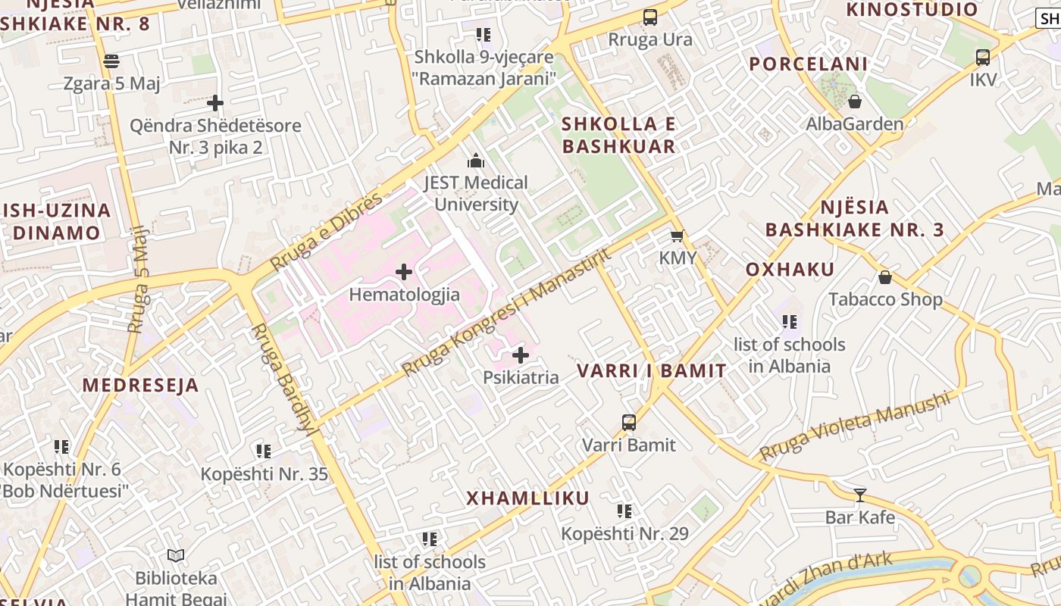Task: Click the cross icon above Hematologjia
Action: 404,271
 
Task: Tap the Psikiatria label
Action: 521,377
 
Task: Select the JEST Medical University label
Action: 476,193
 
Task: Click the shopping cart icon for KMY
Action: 677,236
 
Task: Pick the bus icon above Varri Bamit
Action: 629,423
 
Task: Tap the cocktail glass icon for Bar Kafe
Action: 860,495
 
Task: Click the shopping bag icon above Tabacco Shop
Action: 884,277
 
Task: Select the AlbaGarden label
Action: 854,124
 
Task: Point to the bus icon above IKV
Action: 983,57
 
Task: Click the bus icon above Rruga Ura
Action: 650,17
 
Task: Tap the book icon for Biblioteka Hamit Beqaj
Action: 176,556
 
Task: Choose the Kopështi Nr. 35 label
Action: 264,474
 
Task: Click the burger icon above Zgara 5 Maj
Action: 111,61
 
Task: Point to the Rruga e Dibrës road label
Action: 327,232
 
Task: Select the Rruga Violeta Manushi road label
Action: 854,426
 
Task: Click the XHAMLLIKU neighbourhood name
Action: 527,498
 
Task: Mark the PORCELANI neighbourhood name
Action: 808,64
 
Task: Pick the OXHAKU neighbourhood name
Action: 790,270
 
